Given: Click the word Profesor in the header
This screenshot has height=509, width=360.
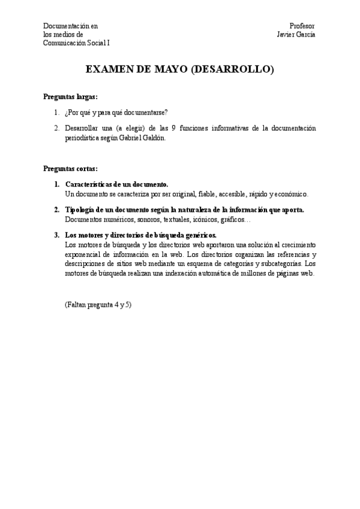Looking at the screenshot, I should pyautogui.click(x=302, y=26).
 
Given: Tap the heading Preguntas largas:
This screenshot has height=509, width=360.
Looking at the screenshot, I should pyautogui.click(x=71, y=97).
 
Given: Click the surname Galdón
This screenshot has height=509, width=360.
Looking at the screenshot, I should pyautogui.click(x=151, y=137).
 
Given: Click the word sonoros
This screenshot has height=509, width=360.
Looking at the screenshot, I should pyautogui.click(x=148, y=219).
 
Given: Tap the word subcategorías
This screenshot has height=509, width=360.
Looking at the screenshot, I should pyautogui.click(x=280, y=264).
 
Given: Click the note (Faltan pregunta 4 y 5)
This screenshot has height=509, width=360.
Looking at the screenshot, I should pyautogui.click(x=98, y=304).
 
